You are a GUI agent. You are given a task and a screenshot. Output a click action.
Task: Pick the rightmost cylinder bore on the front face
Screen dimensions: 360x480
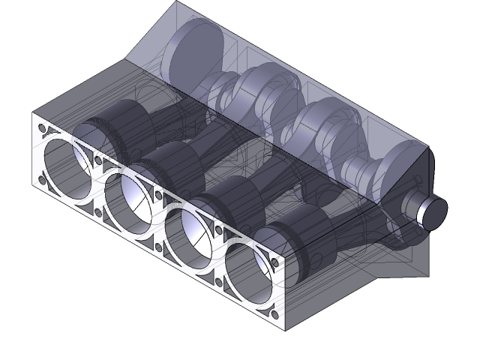click(251, 268)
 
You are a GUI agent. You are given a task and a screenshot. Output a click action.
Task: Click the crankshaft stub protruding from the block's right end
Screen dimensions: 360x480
click(430, 210)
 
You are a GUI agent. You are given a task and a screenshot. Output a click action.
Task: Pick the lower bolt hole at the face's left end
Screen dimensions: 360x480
click(40, 180)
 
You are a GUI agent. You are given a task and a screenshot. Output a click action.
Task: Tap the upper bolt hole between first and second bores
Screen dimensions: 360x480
click(99, 160)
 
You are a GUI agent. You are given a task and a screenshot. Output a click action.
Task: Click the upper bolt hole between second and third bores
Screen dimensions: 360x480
click(159, 194)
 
